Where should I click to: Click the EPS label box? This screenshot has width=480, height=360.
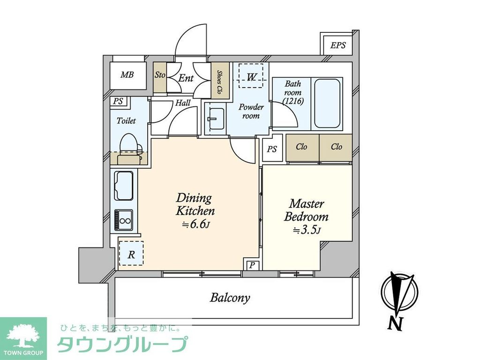pyautogui.click(x=337, y=45)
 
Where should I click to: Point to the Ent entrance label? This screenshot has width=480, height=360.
pyautogui.click(x=186, y=78)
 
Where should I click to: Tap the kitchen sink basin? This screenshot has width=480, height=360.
pyautogui.click(x=124, y=186)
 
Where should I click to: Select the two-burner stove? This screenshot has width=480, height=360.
pyautogui.click(x=124, y=219)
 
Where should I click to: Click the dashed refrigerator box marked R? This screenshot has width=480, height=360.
pyautogui.click(x=131, y=255)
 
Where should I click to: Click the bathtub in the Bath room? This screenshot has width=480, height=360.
pyautogui.click(x=327, y=103)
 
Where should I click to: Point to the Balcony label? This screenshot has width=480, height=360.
pyautogui.click(x=230, y=298)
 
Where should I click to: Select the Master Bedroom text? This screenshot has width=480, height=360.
pyautogui.click(x=307, y=210)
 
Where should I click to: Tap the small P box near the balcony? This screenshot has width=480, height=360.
pyautogui.click(x=252, y=265)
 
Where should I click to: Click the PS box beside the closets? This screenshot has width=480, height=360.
pyautogui.click(x=272, y=149)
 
